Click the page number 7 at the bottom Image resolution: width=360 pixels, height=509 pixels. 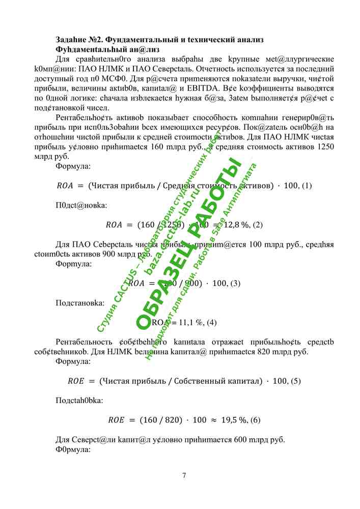coord(184,476)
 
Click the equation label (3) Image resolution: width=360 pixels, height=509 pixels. coord(235,284)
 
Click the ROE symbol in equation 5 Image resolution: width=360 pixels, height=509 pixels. coord(76,381)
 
